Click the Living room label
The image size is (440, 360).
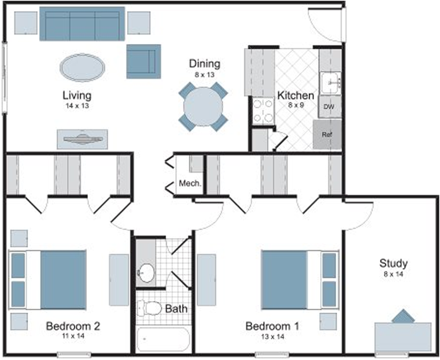tap(77, 95)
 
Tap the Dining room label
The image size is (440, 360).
tap(205, 64)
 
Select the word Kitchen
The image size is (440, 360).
tap(295, 95)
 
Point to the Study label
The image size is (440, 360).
tap(393, 264)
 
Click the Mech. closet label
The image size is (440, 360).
tap(190, 184)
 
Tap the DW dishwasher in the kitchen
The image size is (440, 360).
tap(329, 106)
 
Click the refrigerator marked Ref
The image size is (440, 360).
tap(327, 134)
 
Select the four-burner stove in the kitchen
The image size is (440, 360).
tap(263, 111)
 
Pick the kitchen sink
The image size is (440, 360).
tap(331, 83)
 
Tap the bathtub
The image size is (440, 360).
tap(163, 339)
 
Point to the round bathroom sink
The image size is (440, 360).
tap(146, 273)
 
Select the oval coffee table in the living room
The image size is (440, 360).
tap(82, 68)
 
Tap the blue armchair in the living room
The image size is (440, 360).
tap(144, 62)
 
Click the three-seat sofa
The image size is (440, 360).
tap(82, 24)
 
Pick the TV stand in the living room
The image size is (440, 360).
tap(82, 139)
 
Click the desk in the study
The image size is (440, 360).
tap(403, 337)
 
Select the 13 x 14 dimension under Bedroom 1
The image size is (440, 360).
tap(272, 336)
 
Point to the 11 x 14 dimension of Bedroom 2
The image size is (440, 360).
tap(73, 336)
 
